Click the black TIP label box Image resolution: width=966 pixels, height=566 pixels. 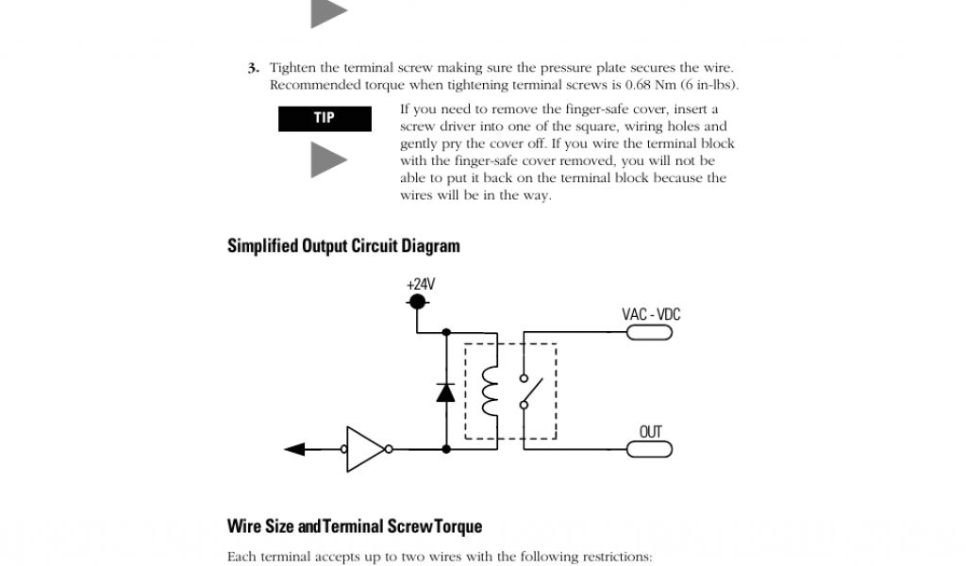pyautogui.click(x=325, y=118)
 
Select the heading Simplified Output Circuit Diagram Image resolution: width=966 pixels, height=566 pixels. pyautogui.click(x=343, y=246)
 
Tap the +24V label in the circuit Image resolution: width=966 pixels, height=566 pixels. pyautogui.click(x=421, y=284)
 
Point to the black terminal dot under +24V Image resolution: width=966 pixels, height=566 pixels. pyautogui.click(x=417, y=302)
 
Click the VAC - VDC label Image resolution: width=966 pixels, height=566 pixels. pyautogui.click(x=651, y=314)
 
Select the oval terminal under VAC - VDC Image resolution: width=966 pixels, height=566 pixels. pyautogui.click(x=651, y=332)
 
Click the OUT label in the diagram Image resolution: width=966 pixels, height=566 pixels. pyautogui.click(x=651, y=432)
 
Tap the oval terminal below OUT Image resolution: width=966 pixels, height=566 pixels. pyautogui.click(x=651, y=449)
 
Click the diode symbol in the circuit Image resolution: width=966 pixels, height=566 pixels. pyautogui.click(x=446, y=391)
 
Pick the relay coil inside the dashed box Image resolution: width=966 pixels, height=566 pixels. pyautogui.click(x=489, y=391)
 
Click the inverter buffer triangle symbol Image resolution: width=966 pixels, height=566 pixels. pyautogui.click(x=364, y=449)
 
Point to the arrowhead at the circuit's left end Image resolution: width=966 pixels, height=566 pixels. pyautogui.click(x=293, y=449)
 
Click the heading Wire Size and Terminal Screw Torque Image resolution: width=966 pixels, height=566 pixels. pyautogui.click(x=355, y=525)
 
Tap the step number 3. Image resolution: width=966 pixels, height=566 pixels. pyautogui.click(x=253, y=68)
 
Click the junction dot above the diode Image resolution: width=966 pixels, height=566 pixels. pyautogui.click(x=446, y=332)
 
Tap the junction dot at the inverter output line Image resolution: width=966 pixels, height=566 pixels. pyautogui.click(x=446, y=449)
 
